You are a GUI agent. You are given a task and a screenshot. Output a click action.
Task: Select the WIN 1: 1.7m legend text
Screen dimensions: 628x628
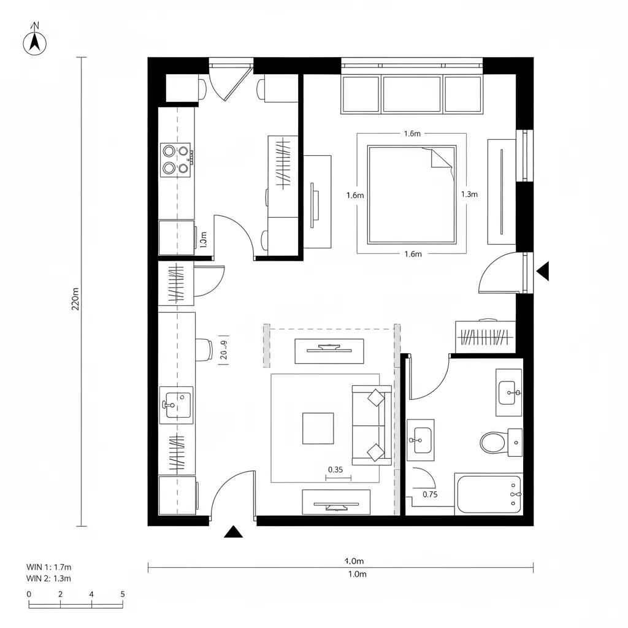click(x=49, y=567)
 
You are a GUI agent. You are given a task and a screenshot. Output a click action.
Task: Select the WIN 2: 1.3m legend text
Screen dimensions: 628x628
click(x=49, y=578)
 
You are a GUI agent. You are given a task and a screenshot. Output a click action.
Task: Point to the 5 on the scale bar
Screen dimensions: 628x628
click(x=123, y=594)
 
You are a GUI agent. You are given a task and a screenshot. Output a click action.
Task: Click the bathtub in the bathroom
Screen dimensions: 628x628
click(x=489, y=494)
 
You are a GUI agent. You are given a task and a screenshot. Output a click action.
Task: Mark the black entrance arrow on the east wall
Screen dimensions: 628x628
click(x=542, y=270)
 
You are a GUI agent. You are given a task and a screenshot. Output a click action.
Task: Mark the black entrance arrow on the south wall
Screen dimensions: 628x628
click(x=233, y=532)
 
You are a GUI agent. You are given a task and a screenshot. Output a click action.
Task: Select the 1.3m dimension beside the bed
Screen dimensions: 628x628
click(x=469, y=194)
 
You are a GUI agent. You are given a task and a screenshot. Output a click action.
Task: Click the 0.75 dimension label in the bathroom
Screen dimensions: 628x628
click(x=431, y=495)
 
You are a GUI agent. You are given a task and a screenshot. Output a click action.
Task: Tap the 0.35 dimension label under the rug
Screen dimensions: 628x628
click(x=335, y=470)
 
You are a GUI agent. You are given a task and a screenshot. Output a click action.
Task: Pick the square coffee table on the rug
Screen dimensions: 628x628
click(x=318, y=428)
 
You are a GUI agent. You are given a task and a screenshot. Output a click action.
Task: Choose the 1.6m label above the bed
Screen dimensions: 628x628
click(x=412, y=134)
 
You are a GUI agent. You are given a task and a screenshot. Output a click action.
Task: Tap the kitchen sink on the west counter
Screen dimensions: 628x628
click(x=176, y=405)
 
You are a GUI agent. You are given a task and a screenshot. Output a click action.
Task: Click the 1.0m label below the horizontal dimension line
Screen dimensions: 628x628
click(x=357, y=575)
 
